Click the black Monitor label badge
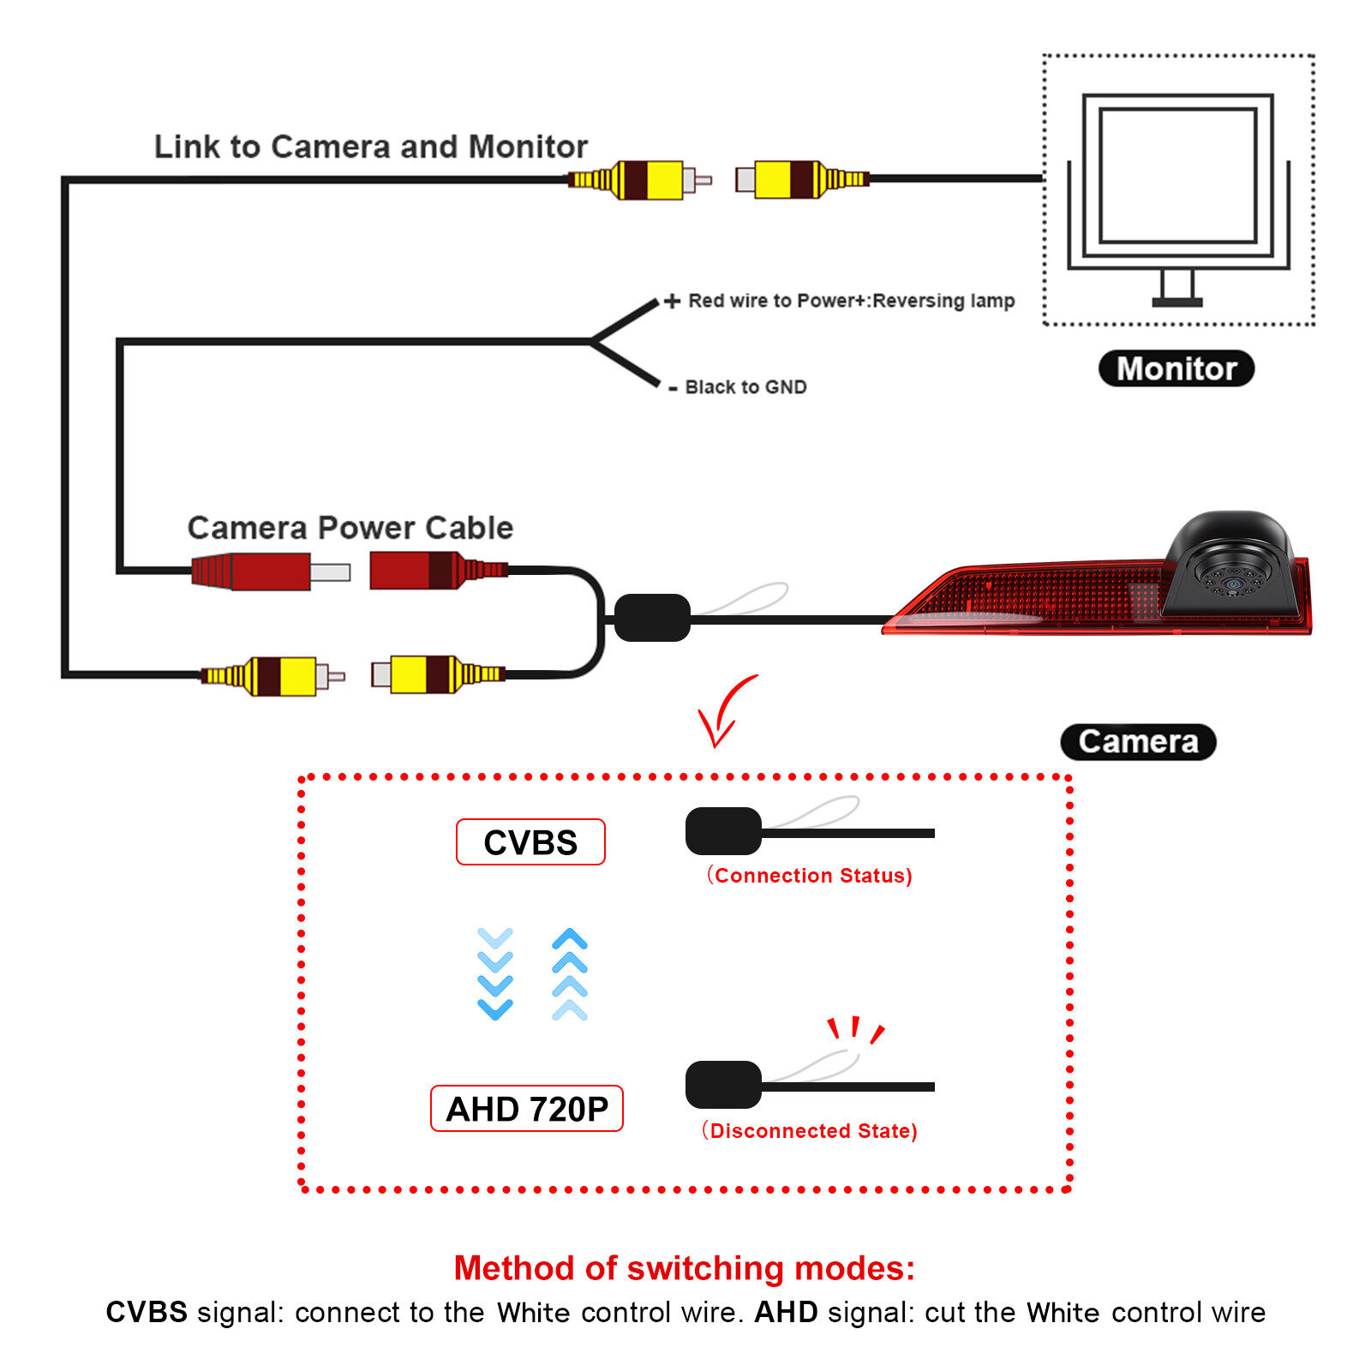(1176, 368)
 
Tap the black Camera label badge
(1138, 741)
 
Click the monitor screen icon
(1177, 176)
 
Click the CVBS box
(530, 842)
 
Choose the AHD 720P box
(526, 1109)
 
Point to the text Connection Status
(810, 876)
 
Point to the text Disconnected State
(810, 1131)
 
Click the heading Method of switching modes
(684, 1268)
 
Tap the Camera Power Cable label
(350, 528)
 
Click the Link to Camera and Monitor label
(370, 147)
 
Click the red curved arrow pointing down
(724, 711)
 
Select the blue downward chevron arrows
(495, 973)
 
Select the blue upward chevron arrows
(570, 973)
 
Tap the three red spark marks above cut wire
(855, 1029)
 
